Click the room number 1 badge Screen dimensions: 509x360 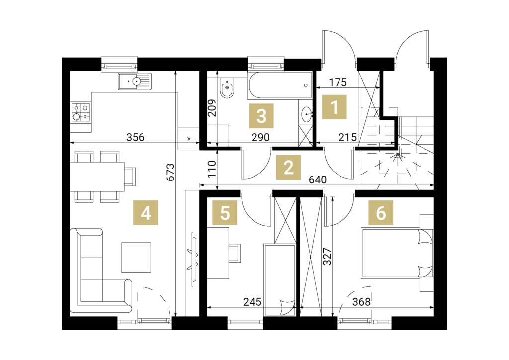[x=335, y=107]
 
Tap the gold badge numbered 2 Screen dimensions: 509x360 [x=288, y=168]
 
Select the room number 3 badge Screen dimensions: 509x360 [x=261, y=116]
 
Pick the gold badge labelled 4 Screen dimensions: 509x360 [x=146, y=213]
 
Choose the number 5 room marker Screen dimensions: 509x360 [x=225, y=213]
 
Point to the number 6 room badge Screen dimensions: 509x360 [x=381, y=213]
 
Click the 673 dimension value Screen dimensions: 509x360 [x=170, y=172]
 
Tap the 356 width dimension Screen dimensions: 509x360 [x=135, y=137]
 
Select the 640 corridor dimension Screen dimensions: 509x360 [x=318, y=180]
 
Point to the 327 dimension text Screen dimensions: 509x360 [x=327, y=257]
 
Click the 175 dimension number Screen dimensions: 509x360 [x=338, y=82]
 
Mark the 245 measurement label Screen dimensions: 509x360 [x=252, y=302]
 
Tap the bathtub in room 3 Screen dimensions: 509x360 [x=279, y=85]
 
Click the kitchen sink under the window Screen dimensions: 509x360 [x=135, y=81]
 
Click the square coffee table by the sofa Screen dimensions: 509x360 [x=136, y=258]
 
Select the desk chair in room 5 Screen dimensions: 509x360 [x=235, y=253]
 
